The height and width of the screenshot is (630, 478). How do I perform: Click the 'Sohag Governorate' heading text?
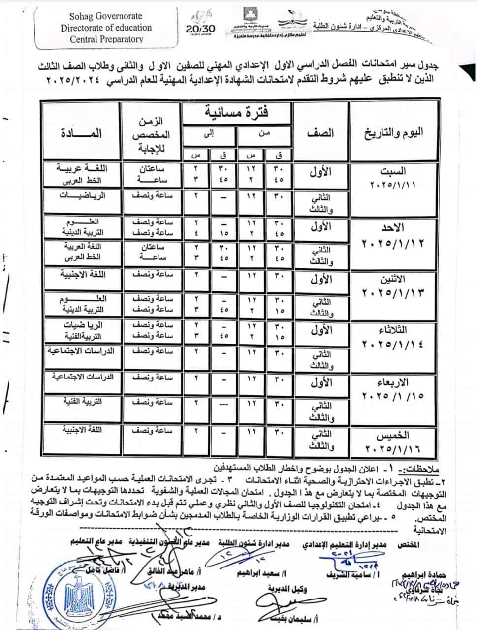[106, 16]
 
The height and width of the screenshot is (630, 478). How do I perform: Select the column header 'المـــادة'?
[82, 133]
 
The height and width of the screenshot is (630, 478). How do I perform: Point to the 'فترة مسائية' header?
[237, 113]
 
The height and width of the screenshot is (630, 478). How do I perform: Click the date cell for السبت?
[393, 178]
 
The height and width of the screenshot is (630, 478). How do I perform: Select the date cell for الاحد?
[393, 235]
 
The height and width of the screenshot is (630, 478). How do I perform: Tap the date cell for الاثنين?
[393, 285]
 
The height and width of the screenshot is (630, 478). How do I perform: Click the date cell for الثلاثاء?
[393, 337]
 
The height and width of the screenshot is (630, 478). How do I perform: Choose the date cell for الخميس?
[393, 441]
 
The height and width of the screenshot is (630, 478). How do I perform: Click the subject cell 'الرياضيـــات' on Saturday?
[83, 195]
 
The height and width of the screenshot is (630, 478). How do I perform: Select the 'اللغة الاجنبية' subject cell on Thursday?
[83, 430]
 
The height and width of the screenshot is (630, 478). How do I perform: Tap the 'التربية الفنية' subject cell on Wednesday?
[83, 401]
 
